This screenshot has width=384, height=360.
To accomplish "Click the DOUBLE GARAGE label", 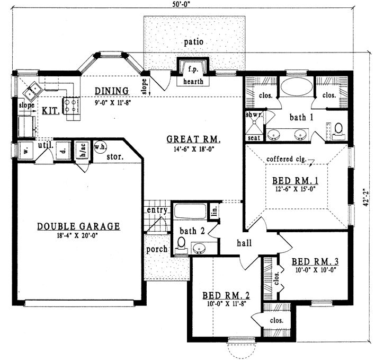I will click(78, 226).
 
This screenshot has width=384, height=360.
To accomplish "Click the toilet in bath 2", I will click(182, 243).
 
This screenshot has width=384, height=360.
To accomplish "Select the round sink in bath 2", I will click(200, 248).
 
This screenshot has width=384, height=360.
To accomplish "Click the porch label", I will click(157, 249).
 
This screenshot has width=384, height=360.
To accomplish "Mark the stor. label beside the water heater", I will click(115, 157).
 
